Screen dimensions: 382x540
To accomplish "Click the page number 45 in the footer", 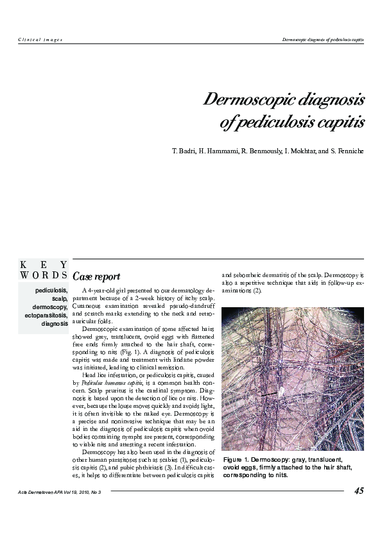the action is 359,491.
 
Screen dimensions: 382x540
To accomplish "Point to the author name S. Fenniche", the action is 347,151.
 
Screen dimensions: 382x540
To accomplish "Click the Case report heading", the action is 96,277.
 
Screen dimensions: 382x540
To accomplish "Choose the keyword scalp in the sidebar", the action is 60,299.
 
